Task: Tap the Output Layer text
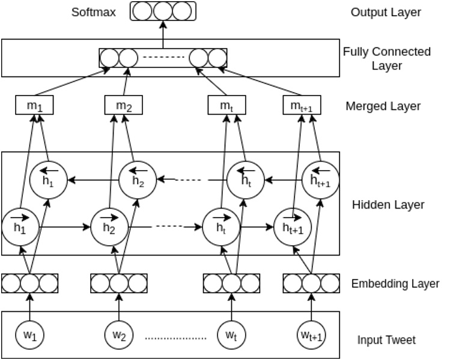386,12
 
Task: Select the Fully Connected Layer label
386,58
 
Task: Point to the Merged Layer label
383,106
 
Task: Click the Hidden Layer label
388,205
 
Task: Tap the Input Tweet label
386,340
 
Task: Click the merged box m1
34,105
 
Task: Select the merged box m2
123,105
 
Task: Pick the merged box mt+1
302,105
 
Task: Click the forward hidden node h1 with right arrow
20,227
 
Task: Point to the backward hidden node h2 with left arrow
138,179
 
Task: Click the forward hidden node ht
220,227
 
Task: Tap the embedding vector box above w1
30,283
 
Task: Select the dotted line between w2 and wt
175,338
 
